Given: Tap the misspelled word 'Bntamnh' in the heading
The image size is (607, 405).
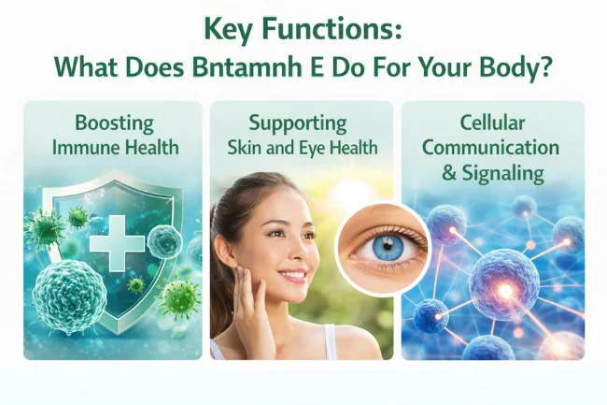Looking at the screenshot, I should tap(271, 68).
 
